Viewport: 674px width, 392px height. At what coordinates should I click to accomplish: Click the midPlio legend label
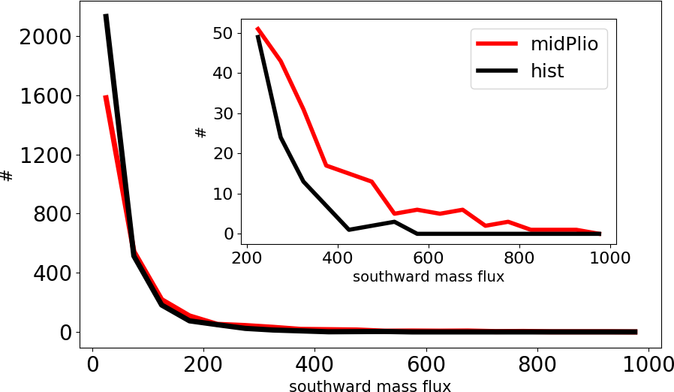click(564, 44)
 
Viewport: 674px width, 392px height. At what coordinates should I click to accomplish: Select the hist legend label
click(547, 71)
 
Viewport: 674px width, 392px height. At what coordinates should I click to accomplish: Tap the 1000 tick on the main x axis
click(648, 365)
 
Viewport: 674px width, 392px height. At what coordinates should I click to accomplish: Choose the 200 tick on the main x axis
click(203, 365)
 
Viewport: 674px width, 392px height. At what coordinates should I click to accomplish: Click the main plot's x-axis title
click(370, 386)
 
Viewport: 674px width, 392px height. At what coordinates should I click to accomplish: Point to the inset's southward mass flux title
click(428, 276)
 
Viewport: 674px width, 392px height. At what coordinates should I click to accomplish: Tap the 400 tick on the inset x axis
click(337, 255)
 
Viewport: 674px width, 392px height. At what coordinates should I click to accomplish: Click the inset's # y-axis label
click(200, 133)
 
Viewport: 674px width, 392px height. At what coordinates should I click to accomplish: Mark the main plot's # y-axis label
click(7, 176)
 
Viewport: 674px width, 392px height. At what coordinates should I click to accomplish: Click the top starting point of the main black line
click(106, 15)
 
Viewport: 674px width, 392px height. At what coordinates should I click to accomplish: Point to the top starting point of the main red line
click(106, 96)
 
